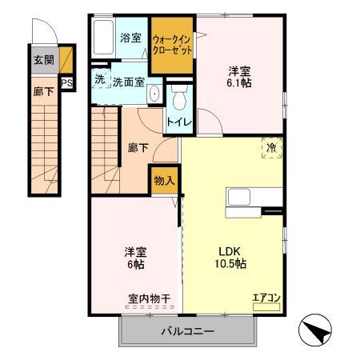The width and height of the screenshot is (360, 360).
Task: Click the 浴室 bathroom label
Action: (130, 38)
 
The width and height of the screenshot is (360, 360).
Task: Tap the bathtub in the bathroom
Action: (104, 38)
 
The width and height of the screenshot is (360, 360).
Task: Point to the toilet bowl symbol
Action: (178, 98)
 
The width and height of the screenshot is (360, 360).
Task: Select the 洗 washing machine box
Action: (99, 79)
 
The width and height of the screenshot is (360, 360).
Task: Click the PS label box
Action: (66, 82)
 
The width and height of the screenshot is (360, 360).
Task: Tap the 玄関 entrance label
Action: (42, 59)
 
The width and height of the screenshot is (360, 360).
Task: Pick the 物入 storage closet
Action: (163, 180)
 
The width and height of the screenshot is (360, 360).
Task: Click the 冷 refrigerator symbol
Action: (271, 147)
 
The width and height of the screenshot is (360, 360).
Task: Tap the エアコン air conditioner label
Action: (266, 298)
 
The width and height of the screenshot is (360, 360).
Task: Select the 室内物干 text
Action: (149, 299)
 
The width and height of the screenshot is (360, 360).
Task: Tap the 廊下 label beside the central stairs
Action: (137, 148)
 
